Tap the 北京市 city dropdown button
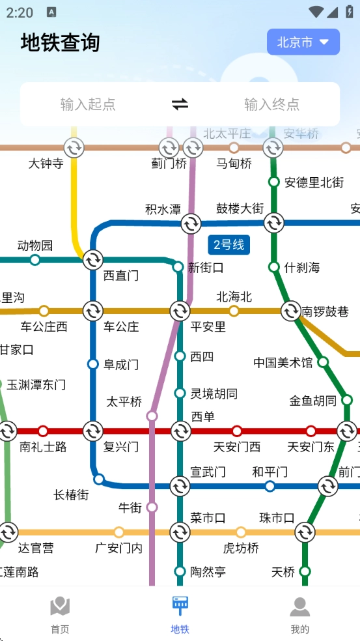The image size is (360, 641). tap(303, 42)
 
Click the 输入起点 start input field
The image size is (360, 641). tap(88, 104)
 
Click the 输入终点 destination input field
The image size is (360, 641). tap(271, 104)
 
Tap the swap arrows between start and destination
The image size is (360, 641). tap(180, 104)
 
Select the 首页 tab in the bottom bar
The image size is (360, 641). tap(60, 614)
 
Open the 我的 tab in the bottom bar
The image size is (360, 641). tap(299, 614)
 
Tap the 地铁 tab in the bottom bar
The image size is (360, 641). tap(180, 614)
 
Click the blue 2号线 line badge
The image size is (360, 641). tap(228, 245)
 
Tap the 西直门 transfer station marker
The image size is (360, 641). tap(92, 259)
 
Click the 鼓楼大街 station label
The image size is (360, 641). tap(240, 208)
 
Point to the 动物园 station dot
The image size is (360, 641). tap(35, 260)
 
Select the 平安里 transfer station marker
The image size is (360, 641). tap(180, 311)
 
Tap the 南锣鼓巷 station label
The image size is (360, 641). tap(325, 311)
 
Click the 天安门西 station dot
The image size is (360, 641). tap(237, 431)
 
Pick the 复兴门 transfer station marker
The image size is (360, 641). tap(92, 431)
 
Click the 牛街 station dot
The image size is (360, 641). tap(152, 507)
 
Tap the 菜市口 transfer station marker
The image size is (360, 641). tap(180, 532)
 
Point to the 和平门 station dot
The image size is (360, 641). tap(270, 486)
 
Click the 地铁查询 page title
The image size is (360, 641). tap(61, 42)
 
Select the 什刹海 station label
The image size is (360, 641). tap(302, 267)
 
